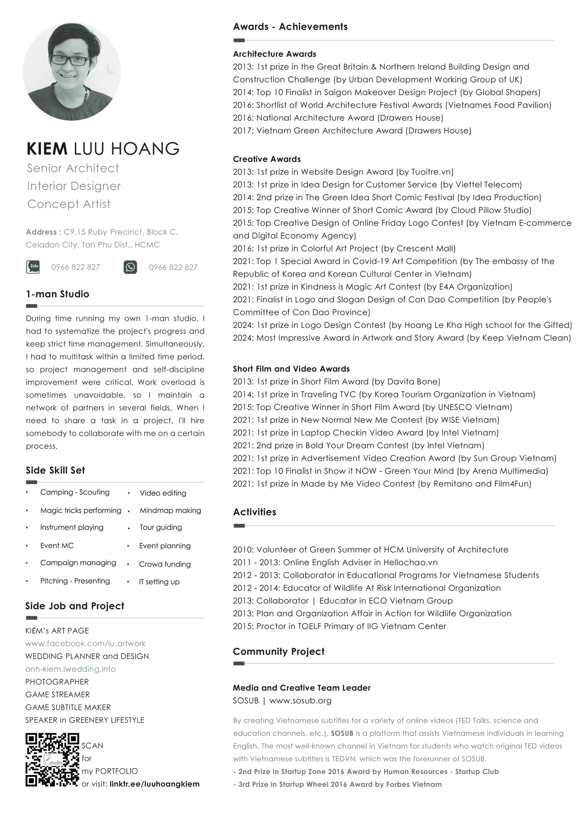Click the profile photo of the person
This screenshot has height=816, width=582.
pyautogui.click(x=72, y=72)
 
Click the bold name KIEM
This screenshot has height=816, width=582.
pyautogui.click(x=47, y=149)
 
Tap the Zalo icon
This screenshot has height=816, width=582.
pyautogui.click(x=33, y=267)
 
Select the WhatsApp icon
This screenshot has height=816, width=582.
pyautogui.click(x=130, y=267)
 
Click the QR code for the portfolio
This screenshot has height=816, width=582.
pyautogui.click(x=52, y=759)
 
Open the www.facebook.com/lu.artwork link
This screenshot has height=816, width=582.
pyautogui.click(x=85, y=643)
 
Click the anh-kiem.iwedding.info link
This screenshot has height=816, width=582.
pyautogui.click(x=70, y=669)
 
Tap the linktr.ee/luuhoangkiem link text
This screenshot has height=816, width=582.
pyautogui.click(x=154, y=784)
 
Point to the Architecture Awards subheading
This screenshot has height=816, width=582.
pyautogui.click(x=274, y=54)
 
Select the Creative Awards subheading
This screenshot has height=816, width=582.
pyautogui.click(x=267, y=159)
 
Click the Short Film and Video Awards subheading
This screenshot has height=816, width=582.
pyautogui.click(x=291, y=369)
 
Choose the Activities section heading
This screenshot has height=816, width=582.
pyautogui.click(x=255, y=512)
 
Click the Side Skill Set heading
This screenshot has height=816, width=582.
pyautogui.click(x=55, y=470)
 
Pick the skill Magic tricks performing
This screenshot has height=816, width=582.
pyautogui.click(x=81, y=510)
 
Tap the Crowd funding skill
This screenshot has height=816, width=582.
pyautogui.click(x=165, y=564)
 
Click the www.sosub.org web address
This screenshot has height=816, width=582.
pyautogui.click(x=300, y=700)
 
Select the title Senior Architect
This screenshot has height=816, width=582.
pyautogui.click(x=73, y=168)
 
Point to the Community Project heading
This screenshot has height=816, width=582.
pyautogui.click(x=278, y=651)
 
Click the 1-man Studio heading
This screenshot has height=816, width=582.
pyautogui.click(x=57, y=294)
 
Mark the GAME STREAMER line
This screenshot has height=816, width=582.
pyautogui.click(x=57, y=694)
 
